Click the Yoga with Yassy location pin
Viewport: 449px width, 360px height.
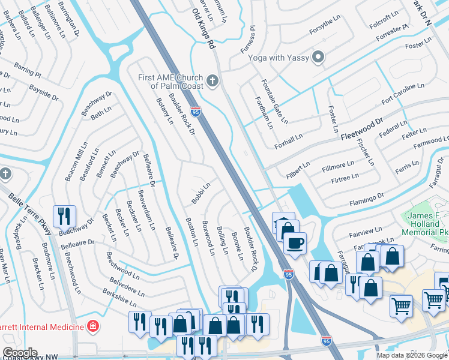point(318,58)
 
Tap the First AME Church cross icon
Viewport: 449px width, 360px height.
point(212,80)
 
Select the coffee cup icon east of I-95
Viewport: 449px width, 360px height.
point(295,244)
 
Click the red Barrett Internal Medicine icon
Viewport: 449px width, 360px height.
point(92,327)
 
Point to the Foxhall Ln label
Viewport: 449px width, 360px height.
point(288,140)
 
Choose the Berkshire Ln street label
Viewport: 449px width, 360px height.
point(120,294)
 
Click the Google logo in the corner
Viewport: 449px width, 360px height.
point(20,353)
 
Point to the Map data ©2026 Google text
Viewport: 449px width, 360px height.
point(411,355)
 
